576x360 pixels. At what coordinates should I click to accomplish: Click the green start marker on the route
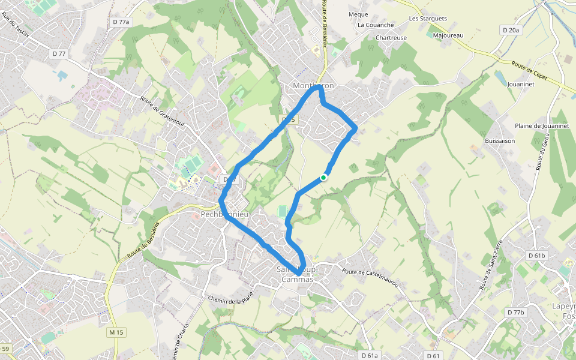[x=323, y=177]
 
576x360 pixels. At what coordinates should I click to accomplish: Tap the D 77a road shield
[x=121, y=22]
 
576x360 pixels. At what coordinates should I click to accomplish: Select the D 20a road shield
[x=511, y=29]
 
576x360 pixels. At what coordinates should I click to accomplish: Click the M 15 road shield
[x=116, y=332]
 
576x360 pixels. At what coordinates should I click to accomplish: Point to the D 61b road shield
[x=537, y=256]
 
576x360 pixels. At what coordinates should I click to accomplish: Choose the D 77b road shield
[x=515, y=313]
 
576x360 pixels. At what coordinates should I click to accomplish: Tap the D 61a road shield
[x=370, y=355]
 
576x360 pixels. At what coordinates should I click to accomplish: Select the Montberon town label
[x=313, y=86]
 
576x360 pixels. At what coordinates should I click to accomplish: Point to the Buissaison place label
[x=500, y=141]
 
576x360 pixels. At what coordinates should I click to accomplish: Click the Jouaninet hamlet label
[x=520, y=85]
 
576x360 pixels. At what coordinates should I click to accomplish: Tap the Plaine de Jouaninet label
[x=542, y=126]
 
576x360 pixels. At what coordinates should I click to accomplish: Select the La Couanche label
[x=376, y=25]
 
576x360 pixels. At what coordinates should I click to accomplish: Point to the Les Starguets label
[x=428, y=19]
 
